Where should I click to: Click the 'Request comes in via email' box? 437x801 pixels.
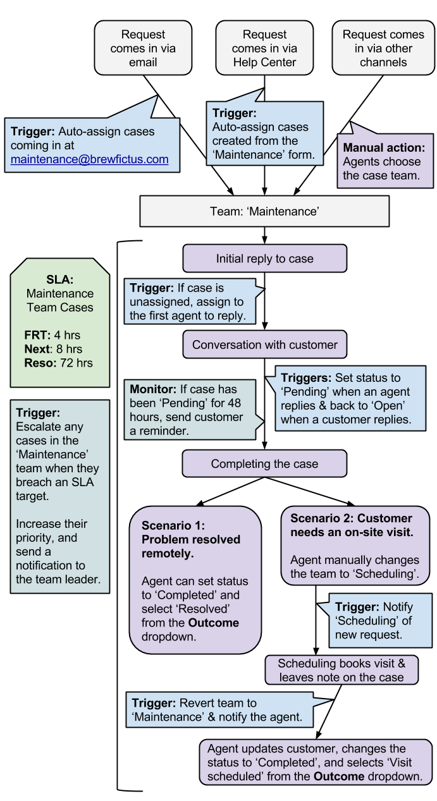pyautogui.click(x=143, y=48)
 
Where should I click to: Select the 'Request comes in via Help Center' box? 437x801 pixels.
pyautogui.click(x=264, y=48)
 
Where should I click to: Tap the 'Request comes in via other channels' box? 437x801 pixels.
pyautogui.click(x=383, y=48)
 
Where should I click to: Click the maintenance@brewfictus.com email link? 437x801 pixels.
pyautogui.click(x=90, y=159)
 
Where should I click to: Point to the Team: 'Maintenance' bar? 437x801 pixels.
pyautogui.click(x=264, y=211)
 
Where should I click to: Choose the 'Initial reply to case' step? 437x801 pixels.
pyautogui.click(x=264, y=259)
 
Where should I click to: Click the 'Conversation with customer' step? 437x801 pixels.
pyautogui.click(x=264, y=345)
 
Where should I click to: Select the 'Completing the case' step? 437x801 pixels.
pyautogui.click(x=264, y=463)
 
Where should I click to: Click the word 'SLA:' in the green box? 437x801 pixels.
pyautogui.click(x=59, y=279)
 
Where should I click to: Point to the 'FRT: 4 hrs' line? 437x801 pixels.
pyautogui.click(x=52, y=335)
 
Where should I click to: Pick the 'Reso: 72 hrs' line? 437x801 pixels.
pyautogui.click(x=58, y=363)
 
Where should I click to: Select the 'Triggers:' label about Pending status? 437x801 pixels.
pyautogui.click(x=306, y=378)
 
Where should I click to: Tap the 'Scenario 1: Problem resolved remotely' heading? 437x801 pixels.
pyautogui.click(x=191, y=539)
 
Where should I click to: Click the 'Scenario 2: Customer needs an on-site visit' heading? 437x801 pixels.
pyautogui.click(x=352, y=525)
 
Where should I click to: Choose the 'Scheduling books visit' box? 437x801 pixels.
pyautogui.click(x=342, y=670)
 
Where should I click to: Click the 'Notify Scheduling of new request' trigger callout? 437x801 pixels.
pyautogui.click(x=379, y=620)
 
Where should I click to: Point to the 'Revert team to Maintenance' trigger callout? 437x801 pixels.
pyautogui.click(x=218, y=710)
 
